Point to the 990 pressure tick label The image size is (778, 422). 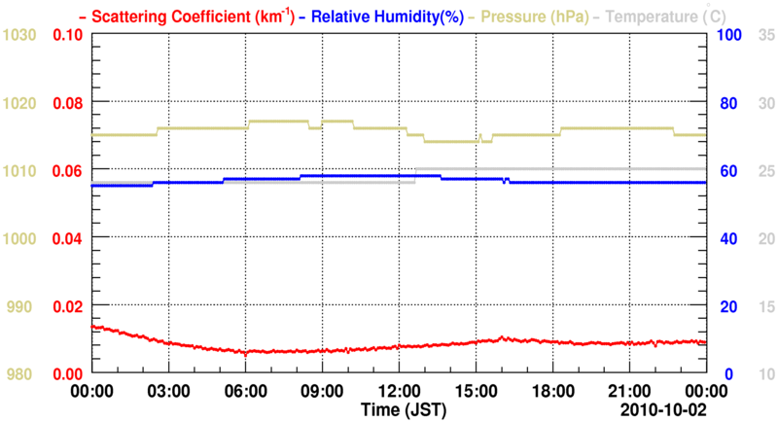(23, 306)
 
